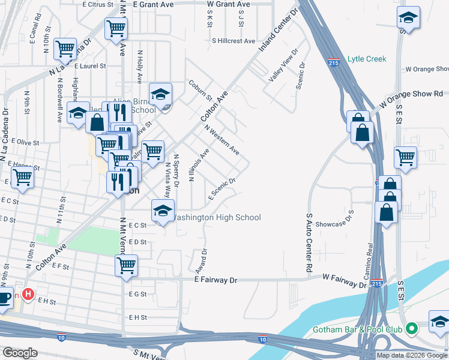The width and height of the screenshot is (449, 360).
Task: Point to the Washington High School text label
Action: pos(217,218)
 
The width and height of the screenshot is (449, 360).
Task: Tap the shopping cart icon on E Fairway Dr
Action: pos(126,265)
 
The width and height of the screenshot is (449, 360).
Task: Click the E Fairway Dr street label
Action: pos(216,280)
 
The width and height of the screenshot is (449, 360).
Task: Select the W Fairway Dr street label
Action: pos(344,278)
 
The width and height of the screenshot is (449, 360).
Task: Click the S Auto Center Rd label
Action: pos(310,242)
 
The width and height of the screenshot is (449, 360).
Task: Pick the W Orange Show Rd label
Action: pos(414,94)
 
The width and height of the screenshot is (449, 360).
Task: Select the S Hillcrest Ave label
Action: pos(234,41)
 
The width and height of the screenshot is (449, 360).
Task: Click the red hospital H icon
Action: pos(27,294)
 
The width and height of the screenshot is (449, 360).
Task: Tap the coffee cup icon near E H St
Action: pos(4,298)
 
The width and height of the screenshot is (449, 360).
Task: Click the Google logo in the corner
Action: pos(20,352)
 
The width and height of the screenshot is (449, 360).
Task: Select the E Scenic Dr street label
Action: pos(221,189)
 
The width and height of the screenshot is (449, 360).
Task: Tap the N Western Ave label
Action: pos(221,140)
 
